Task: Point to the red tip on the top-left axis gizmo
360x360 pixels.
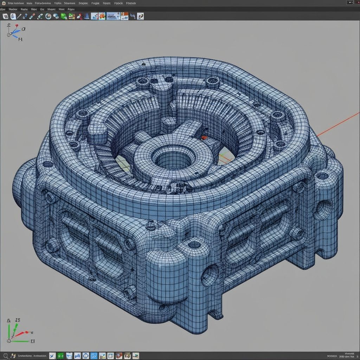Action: pyautogui.click(x=16, y=26)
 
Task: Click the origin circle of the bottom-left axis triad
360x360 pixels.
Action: pyautogui.click(x=8, y=341)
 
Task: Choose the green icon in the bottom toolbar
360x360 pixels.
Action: pyautogui.click(x=60, y=356)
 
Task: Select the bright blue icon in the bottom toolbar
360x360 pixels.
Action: pyautogui.click(x=94, y=356)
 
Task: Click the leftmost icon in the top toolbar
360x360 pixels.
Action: pyautogui.click(x=5, y=16)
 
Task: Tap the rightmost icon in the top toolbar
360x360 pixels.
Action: pyautogui.click(x=140, y=16)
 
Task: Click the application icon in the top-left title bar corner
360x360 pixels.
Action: pyautogui.click(x=3, y=3)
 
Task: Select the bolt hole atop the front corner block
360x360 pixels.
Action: pyautogui.click(x=194, y=245)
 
